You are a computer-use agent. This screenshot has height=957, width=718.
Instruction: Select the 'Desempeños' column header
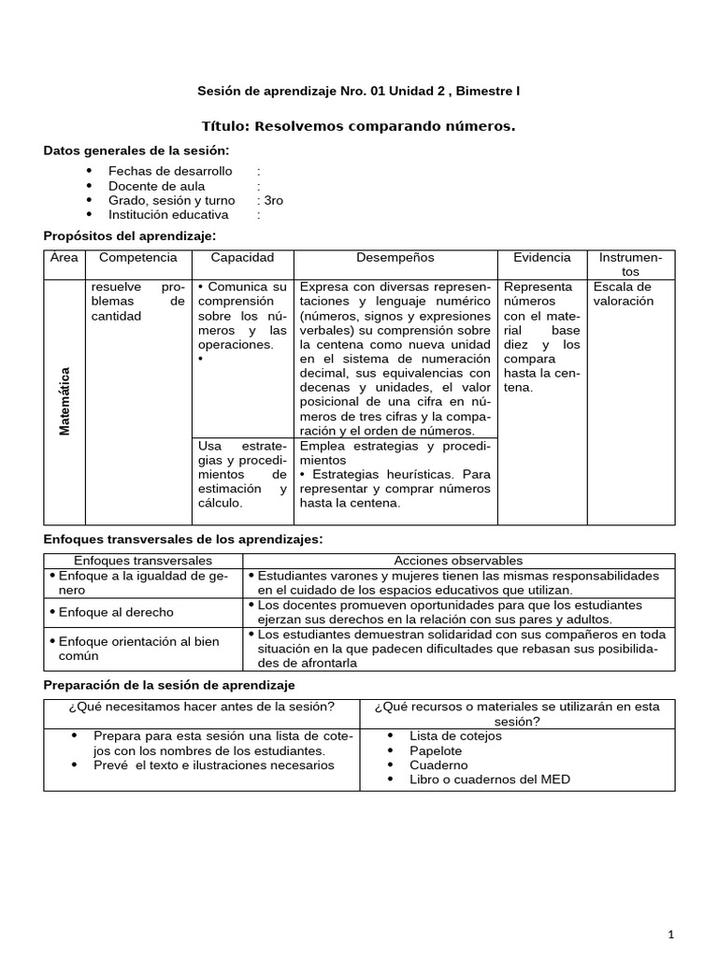pos(395,258)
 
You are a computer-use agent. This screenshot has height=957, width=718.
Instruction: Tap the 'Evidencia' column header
pos(541,258)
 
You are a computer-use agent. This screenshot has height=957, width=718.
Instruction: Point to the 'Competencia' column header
pos(137,258)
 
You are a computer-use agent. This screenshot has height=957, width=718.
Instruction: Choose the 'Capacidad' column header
pos(242,258)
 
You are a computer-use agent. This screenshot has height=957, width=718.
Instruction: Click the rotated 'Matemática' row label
pos(65,400)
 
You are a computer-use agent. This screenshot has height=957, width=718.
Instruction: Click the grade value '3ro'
pos(273,200)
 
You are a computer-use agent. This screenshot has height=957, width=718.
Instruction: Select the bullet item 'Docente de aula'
pos(156,186)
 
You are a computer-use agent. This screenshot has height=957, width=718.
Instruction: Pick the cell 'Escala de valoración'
pos(623,294)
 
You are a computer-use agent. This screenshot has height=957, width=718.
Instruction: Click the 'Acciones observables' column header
pos(458,560)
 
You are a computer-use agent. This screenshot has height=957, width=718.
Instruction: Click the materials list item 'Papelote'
pos(436,750)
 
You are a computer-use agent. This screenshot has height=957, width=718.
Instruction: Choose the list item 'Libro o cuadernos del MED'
pos(489,778)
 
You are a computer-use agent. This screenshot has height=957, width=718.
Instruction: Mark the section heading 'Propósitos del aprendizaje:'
pos(130,236)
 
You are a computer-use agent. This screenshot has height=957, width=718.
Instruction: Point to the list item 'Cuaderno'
pos(438,764)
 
